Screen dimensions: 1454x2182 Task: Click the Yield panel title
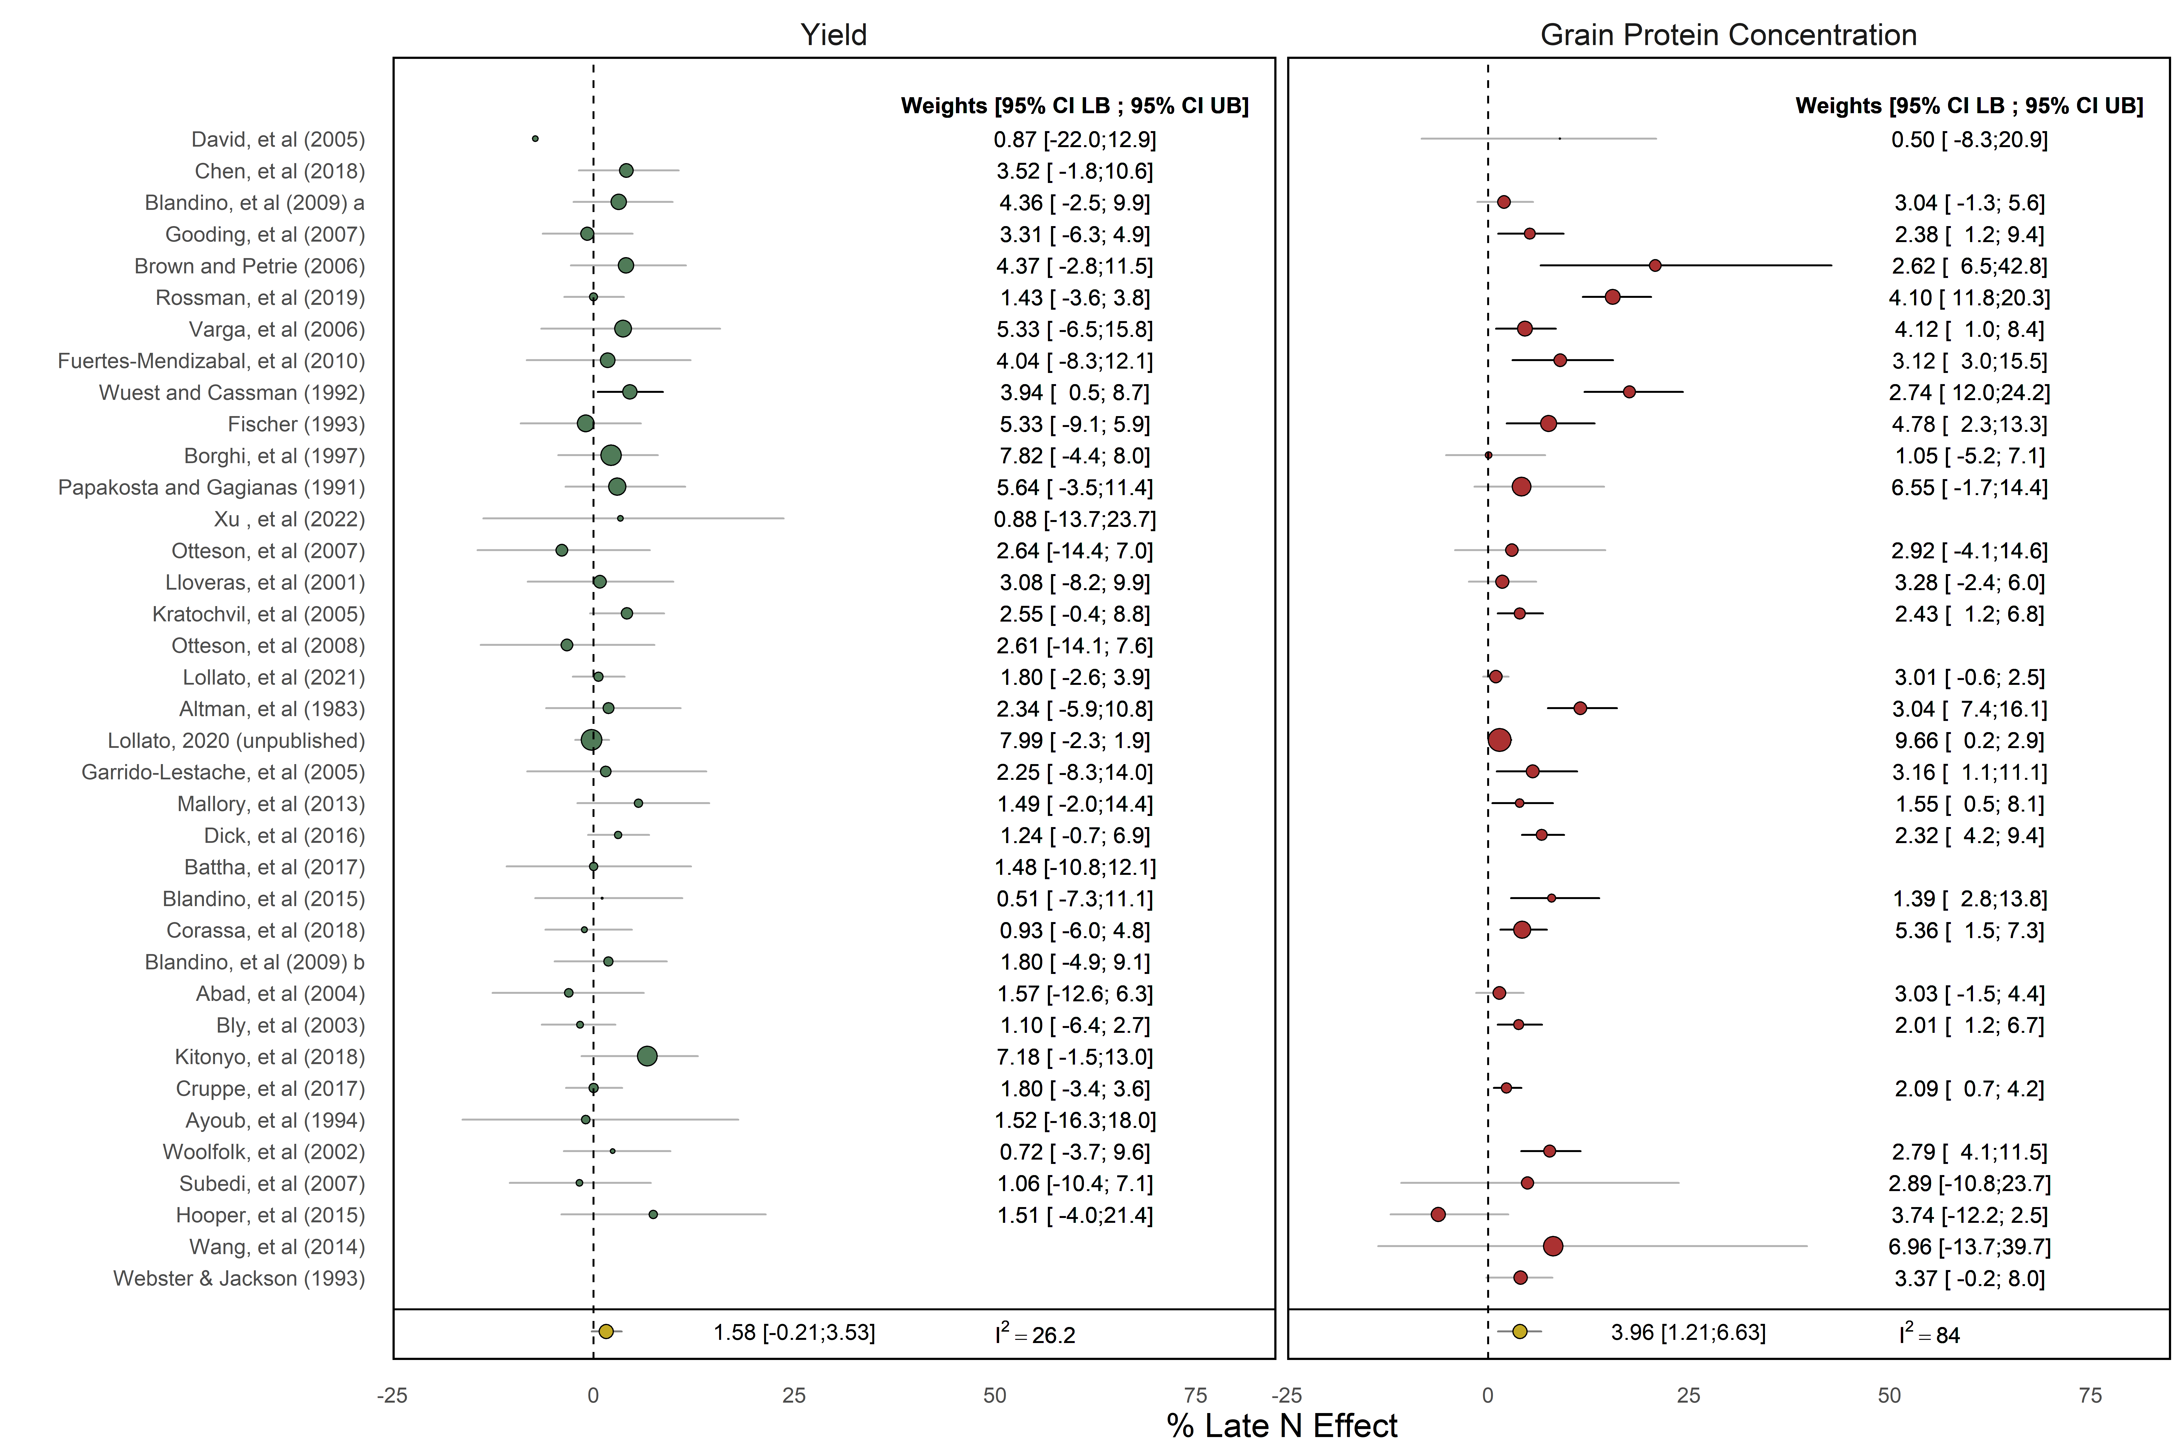point(833,35)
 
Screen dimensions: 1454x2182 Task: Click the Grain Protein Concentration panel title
point(1727,35)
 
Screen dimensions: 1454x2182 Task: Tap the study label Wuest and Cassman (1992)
point(232,393)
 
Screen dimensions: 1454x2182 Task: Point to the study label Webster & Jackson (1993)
point(239,1279)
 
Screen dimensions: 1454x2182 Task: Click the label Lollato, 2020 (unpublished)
point(237,741)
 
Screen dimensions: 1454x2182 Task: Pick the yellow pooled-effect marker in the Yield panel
point(606,1332)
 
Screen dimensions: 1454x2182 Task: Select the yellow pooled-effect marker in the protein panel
point(1520,1332)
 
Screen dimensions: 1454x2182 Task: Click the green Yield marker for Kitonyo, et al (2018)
point(648,1056)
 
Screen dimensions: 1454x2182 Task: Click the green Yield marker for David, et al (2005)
point(535,139)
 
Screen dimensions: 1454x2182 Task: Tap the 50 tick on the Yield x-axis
point(995,1396)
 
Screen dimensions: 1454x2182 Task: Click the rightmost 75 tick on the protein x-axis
point(2090,1396)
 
